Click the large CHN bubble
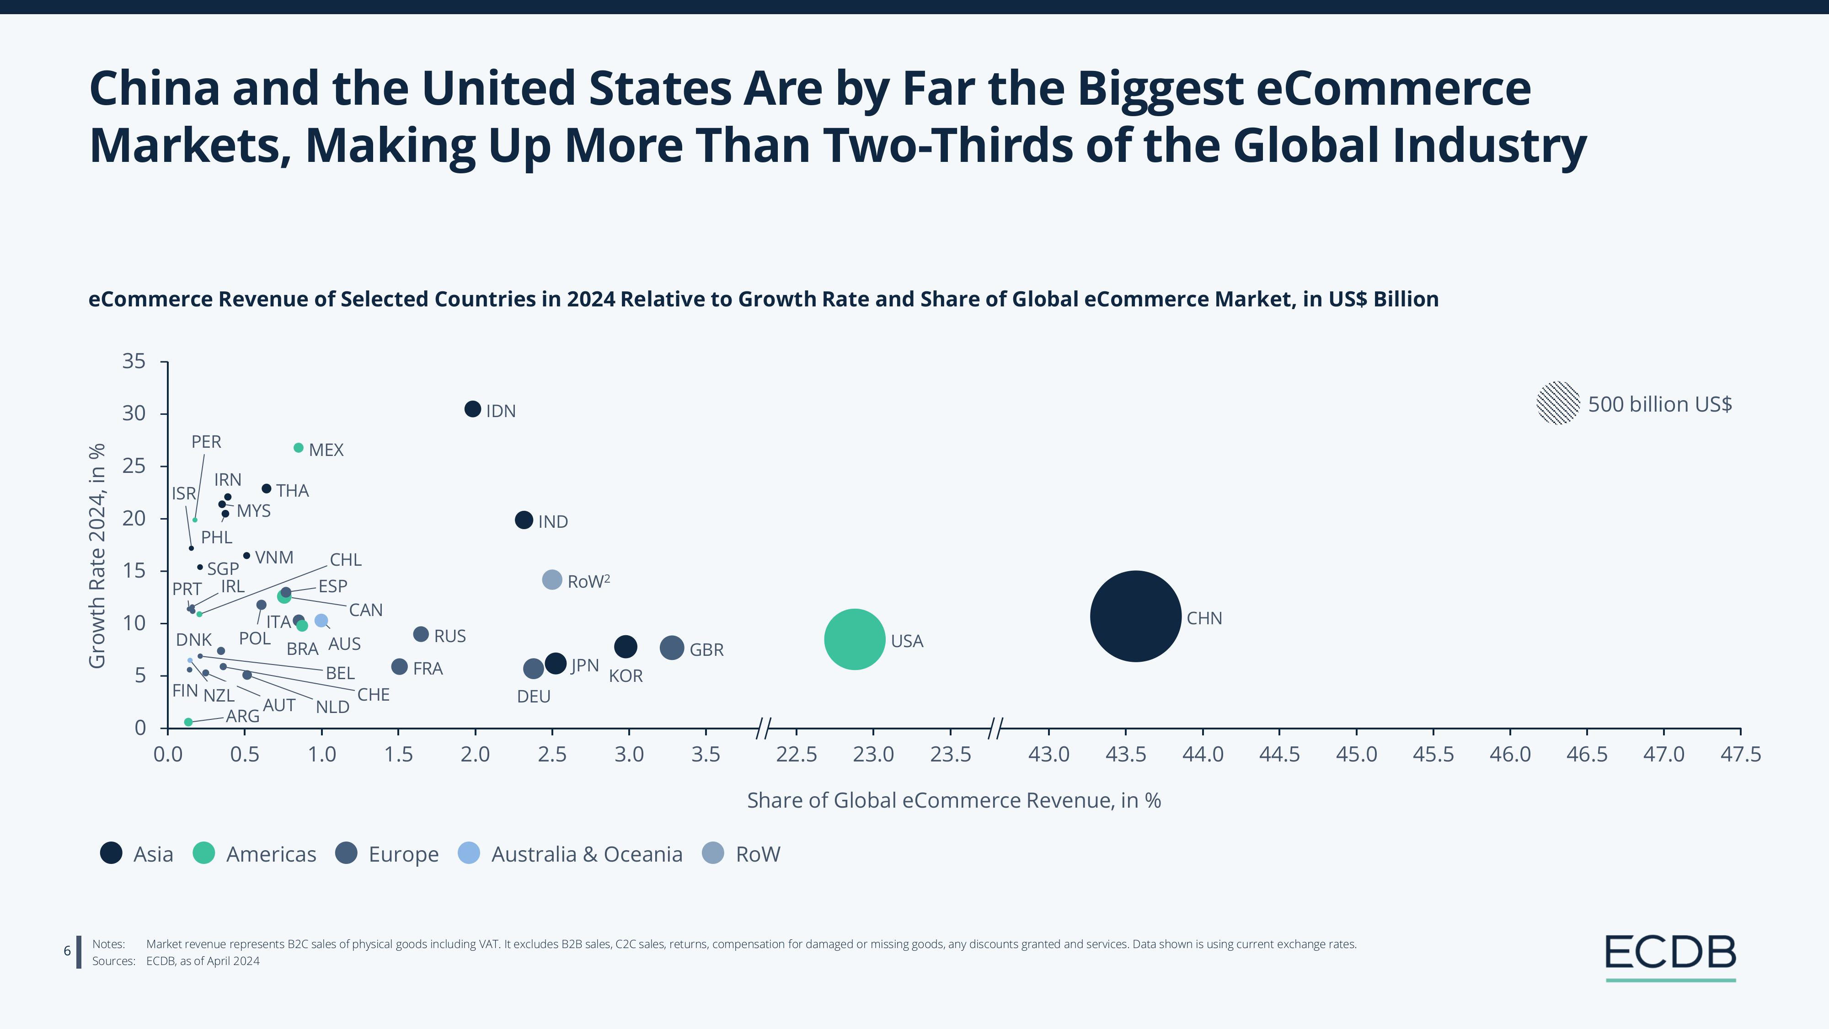pyautogui.click(x=1135, y=616)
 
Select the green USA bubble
pyautogui.click(x=855, y=639)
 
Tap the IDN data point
pyautogui.click(x=473, y=409)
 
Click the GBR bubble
pyautogui.click(x=672, y=648)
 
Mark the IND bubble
pyautogui.click(x=523, y=520)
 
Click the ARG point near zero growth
pyautogui.click(x=188, y=722)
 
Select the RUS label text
pyautogui.click(x=449, y=636)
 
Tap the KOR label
pyautogui.click(x=626, y=676)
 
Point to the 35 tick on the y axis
pyautogui.click(x=134, y=361)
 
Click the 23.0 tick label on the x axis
pyautogui.click(x=873, y=754)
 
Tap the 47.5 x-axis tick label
pyautogui.click(x=1740, y=754)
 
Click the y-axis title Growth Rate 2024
pyautogui.click(x=97, y=555)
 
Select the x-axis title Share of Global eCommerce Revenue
pyautogui.click(x=953, y=800)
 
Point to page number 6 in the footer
pyautogui.click(x=68, y=951)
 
